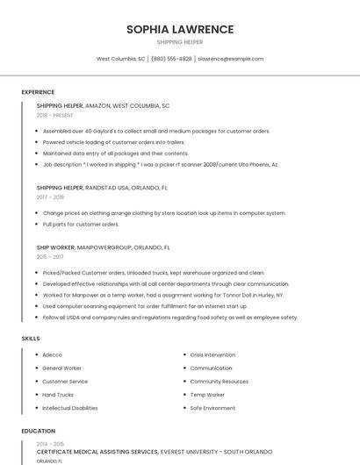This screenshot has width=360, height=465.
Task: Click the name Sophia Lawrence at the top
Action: tap(180, 29)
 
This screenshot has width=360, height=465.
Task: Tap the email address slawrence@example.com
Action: tap(230, 59)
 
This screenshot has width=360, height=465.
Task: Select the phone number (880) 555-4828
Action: tap(171, 59)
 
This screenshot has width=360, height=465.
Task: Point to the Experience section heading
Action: tap(38, 92)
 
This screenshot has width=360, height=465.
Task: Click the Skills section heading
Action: tap(31, 338)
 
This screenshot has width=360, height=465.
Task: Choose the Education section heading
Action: tap(39, 431)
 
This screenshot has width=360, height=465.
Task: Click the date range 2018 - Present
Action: tap(55, 115)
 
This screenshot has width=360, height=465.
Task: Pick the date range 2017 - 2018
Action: tap(50, 197)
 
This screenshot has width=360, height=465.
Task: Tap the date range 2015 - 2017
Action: tap(50, 257)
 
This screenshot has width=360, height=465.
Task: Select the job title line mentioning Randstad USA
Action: tap(102, 188)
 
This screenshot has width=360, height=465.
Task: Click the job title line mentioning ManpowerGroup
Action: tap(104, 247)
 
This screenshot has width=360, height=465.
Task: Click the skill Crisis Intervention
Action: tap(212, 354)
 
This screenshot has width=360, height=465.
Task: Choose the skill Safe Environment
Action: tap(212, 408)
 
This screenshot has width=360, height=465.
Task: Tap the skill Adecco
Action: tap(53, 354)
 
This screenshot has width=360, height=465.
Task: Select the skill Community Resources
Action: tap(219, 382)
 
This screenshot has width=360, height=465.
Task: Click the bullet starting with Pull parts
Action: tap(81, 224)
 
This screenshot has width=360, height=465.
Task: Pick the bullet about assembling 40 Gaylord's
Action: tap(156, 131)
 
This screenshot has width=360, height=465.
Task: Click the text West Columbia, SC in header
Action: tap(121, 59)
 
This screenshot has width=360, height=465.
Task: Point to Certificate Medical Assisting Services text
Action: tap(97, 451)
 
